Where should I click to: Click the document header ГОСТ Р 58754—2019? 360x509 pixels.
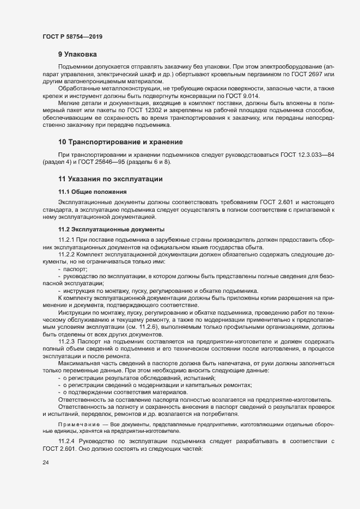coord(72,36)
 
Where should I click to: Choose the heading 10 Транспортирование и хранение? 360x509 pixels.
coord(120,143)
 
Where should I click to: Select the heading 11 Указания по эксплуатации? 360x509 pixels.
coord(111,179)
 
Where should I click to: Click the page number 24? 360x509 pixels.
coord(46,463)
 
